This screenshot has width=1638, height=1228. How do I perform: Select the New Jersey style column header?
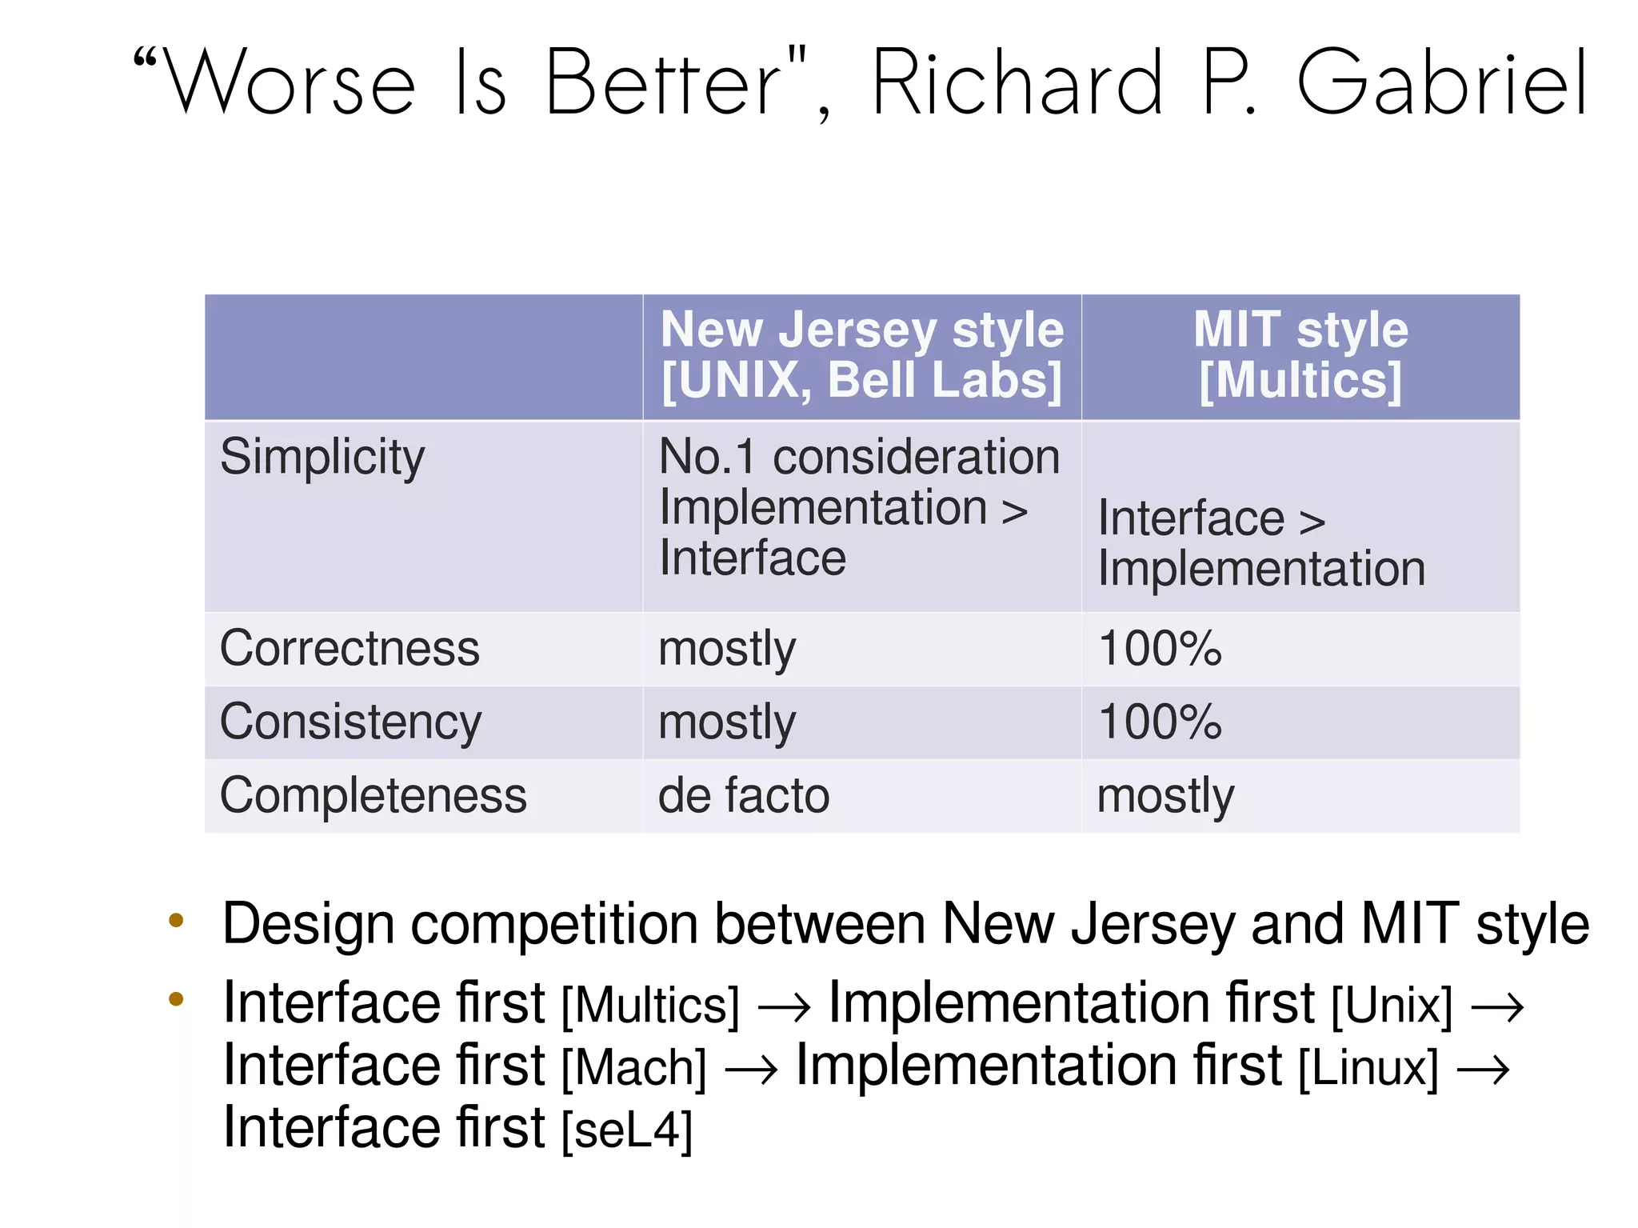click(x=862, y=355)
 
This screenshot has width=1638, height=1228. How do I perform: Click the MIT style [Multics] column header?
click(x=1300, y=355)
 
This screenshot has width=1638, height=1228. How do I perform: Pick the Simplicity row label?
click(x=322, y=458)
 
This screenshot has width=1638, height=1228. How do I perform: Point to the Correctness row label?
click(x=350, y=648)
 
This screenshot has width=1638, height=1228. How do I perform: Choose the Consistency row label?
click(x=350, y=722)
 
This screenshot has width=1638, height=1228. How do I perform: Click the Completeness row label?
click(x=374, y=796)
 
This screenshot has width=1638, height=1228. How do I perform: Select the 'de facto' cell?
click(x=744, y=796)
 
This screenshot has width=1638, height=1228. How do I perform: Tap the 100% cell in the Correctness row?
click(x=1160, y=648)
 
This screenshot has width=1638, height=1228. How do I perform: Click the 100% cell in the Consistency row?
click(x=1160, y=722)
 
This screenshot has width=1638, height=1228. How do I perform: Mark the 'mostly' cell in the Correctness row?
click(x=727, y=650)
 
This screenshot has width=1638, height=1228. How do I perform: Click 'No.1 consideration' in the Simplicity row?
click(x=859, y=458)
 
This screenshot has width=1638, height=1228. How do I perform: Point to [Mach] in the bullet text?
click(x=634, y=1068)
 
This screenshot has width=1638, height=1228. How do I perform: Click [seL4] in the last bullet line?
click(x=627, y=1130)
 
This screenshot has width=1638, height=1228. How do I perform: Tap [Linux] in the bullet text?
click(x=1368, y=1068)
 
